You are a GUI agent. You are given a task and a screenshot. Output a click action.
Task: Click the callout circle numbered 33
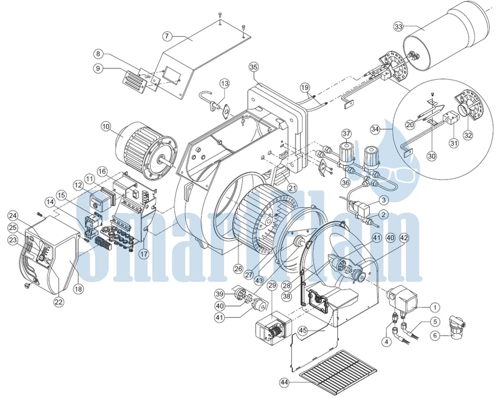coord(398,26)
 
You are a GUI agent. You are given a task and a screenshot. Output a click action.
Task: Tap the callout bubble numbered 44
coord(284,383)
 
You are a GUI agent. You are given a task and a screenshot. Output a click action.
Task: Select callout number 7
coord(167,36)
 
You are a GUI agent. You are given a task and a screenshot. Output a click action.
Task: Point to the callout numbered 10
coord(106,126)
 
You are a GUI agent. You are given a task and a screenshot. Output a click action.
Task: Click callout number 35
coord(254,67)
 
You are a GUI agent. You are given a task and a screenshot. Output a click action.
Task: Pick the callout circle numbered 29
coord(272,285)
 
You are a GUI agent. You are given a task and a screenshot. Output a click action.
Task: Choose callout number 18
coord(78,288)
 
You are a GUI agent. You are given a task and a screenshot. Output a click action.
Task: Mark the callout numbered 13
coord(225,84)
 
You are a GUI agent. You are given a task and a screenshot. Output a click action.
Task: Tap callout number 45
coord(303,330)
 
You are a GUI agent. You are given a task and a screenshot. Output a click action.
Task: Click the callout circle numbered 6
coord(435,335)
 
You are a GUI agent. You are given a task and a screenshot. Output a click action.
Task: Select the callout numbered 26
coord(238,269)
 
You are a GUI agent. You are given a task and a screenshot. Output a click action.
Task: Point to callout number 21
coord(292,189)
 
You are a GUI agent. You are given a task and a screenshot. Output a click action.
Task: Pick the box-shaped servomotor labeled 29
coord(273,328)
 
